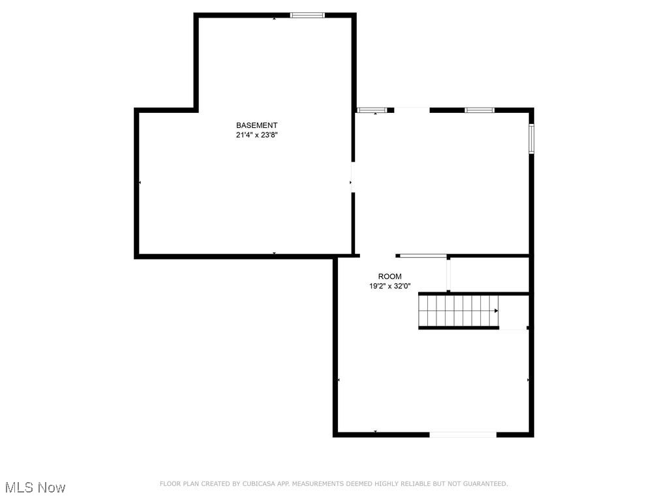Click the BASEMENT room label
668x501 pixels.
(x=256, y=125)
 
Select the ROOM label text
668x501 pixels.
(x=390, y=277)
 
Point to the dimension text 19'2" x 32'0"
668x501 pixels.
(x=390, y=286)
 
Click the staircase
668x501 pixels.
(x=458, y=311)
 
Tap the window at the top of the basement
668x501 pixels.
(x=307, y=15)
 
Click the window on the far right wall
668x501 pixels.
(x=532, y=138)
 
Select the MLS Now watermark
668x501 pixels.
(x=35, y=487)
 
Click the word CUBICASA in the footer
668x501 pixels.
(x=256, y=484)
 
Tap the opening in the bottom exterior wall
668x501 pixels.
(x=463, y=434)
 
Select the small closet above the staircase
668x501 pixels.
(x=489, y=275)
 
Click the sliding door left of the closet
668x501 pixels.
(x=422, y=256)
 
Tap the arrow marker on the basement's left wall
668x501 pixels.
(x=140, y=183)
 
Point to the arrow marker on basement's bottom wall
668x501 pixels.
(x=274, y=253)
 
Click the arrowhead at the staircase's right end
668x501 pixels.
(x=496, y=311)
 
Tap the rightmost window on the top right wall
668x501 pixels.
(x=479, y=110)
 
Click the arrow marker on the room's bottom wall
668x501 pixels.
(x=376, y=432)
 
